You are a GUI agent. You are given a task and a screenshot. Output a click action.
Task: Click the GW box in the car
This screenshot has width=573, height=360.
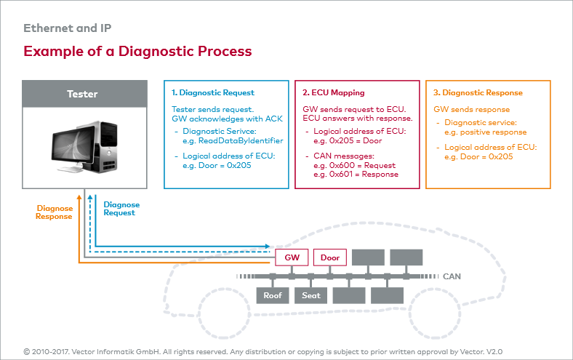[292, 257]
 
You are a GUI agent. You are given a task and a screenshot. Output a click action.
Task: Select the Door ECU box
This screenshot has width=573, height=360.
[330, 257]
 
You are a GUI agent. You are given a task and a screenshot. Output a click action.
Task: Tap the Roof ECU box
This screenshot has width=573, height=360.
[273, 295]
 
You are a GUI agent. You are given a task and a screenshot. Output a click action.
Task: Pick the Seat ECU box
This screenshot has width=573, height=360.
[311, 295]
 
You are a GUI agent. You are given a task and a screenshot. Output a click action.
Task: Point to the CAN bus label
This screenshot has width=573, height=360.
[452, 276]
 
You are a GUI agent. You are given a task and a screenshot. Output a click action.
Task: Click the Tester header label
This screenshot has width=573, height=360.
[82, 94]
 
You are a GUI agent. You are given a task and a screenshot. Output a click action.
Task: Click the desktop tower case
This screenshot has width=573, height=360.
[103, 146]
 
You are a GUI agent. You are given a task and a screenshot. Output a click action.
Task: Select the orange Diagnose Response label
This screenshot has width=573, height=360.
[54, 212]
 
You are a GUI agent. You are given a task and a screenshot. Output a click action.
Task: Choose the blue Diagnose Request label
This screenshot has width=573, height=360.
[121, 209]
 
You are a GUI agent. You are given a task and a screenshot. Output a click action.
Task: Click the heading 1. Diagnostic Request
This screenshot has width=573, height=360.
[213, 92]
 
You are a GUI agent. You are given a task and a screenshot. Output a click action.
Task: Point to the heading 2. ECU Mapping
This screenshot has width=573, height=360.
[334, 92]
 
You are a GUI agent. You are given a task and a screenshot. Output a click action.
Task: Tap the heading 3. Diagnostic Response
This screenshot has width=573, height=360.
[478, 92]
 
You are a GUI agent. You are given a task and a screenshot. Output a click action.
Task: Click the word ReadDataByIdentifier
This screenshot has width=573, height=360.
[241, 140]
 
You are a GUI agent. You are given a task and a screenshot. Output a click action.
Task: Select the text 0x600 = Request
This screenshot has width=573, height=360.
[362, 165]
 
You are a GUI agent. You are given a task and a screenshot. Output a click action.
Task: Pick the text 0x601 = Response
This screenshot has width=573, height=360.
[364, 175]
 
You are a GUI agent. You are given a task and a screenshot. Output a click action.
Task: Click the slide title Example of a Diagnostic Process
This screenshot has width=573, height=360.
[137, 51]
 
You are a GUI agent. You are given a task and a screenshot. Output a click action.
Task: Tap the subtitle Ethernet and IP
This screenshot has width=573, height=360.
[67, 28]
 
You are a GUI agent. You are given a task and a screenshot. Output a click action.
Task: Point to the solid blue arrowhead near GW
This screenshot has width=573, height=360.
[267, 247]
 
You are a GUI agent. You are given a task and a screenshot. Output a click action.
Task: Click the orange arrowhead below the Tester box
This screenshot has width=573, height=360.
[79, 197]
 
